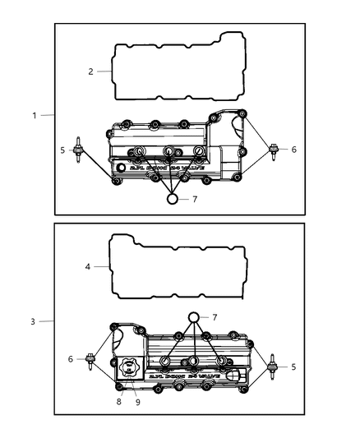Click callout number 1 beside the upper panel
[x=35, y=115]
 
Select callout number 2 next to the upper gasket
[x=91, y=71]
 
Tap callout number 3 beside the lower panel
[x=32, y=321]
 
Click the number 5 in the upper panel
[x=62, y=150]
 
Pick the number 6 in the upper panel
[x=294, y=150]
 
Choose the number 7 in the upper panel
[x=195, y=200]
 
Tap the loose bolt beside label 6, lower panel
[x=89, y=359]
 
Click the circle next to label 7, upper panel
[x=173, y=199]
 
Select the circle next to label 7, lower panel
[x=194, y=317]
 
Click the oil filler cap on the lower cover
[x=131, y=367]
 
